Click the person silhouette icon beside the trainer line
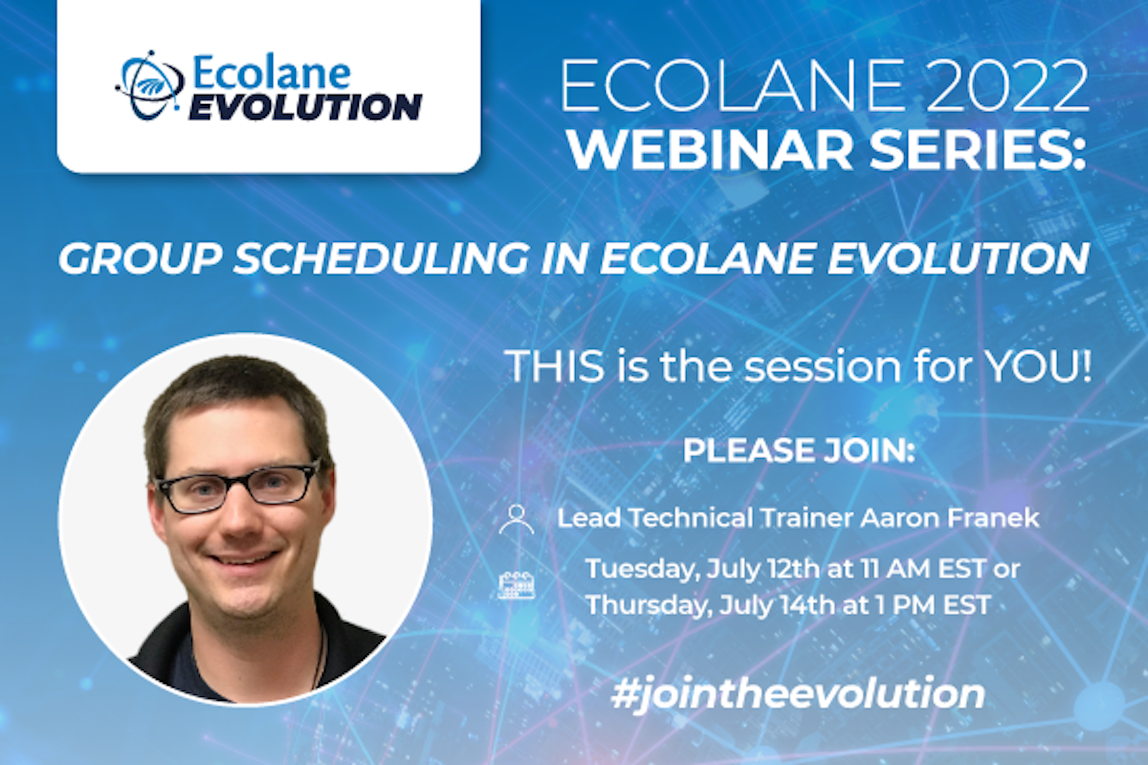point(516,520)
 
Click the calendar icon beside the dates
point(516,585)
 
